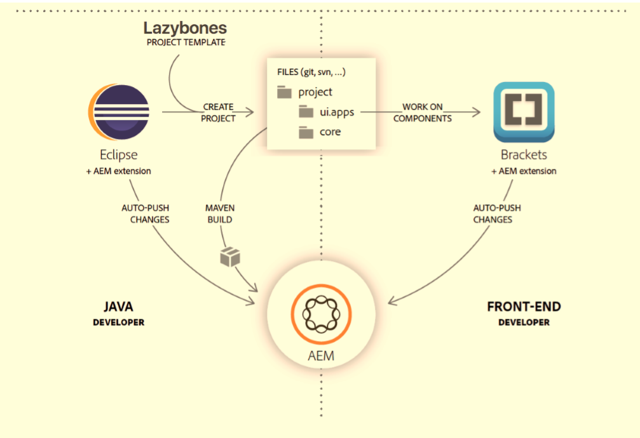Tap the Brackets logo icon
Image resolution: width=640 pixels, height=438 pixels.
[x=524, y=112]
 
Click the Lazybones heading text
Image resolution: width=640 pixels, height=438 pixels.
[x=185, y=29]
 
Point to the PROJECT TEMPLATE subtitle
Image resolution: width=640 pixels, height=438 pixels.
[x=185, y=43]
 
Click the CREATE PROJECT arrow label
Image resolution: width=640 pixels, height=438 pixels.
[x=218, y=112]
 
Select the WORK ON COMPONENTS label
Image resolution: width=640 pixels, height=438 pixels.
[x=423, y=112]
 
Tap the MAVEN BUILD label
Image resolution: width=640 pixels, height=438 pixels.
[x=219, y=214]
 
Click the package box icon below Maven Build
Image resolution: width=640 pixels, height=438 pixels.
[x=230, y=256]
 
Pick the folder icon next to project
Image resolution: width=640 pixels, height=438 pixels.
[x=285, y=93]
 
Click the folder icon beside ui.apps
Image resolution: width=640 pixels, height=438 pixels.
[x=307, y=112]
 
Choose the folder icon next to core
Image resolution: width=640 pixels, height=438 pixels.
[x=307, y=132]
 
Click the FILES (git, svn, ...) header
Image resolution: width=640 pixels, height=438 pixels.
[x=311, y=72]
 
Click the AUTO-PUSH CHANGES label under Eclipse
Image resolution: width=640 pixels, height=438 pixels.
[x=146, y=214]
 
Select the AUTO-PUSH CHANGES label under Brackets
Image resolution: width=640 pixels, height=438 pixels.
[x=493, y=214]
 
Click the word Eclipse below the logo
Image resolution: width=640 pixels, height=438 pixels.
[x=118, y=155]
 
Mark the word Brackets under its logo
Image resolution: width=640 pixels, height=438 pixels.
[x=524, y=155]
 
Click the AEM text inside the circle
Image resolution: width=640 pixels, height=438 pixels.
[x=321, y=356]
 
